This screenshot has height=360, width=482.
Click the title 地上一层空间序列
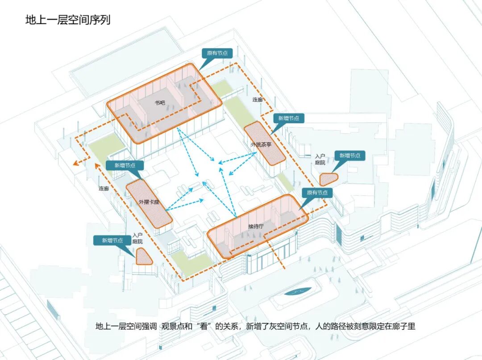point(67,21)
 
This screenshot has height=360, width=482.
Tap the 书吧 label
point(160,103)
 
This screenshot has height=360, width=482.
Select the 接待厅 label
point(256,226)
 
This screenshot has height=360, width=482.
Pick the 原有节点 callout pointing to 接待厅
point(317,193)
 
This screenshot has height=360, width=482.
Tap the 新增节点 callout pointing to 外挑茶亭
point(289,118)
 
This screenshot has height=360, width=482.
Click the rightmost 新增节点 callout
point(350,155)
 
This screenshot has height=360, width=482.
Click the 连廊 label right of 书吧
point(258,100)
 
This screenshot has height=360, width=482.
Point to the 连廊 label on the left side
point(104,188)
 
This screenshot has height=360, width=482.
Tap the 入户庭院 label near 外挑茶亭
point(320,159)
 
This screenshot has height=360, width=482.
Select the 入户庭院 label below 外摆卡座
point(137,238)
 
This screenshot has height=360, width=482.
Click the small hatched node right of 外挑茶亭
point(328,179)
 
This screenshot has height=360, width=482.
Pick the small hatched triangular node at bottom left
point(144,256)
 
